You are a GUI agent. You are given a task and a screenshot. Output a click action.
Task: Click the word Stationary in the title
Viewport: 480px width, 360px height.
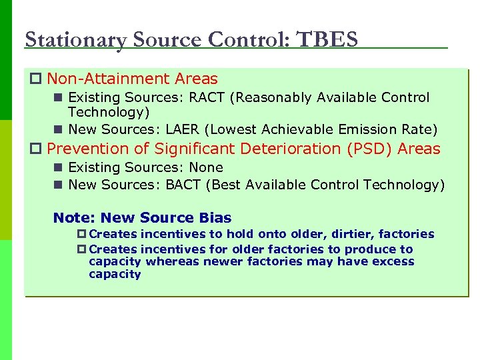pyautogui.click(x=75, y=40)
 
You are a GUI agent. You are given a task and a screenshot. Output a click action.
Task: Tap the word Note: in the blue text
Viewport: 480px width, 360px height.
pyautogui.click(x=74, y=218)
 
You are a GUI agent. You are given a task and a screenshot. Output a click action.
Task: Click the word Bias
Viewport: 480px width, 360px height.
pyautogui.click(x=215, y=218)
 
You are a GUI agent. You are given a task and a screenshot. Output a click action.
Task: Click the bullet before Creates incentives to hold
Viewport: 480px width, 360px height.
pyautogui.click(x=82, y=234)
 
